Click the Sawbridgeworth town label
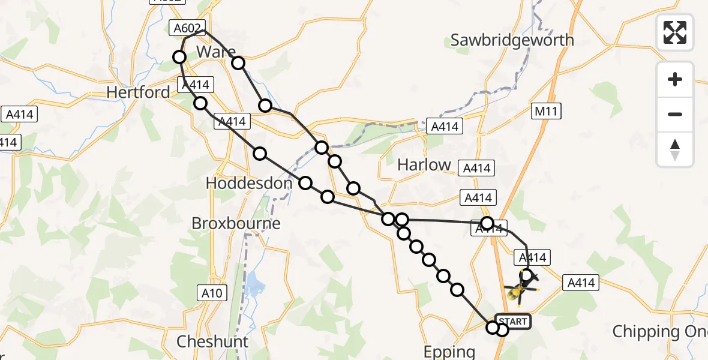point(512,40)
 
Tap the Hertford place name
point(138,92)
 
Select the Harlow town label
point(424,164)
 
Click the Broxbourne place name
point(236,223)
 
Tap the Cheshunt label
point(212,341)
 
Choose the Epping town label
point(449,352)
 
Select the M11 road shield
point(548,112)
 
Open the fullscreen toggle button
point(675,32)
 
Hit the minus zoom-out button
point(675,114)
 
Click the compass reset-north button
point(675,149)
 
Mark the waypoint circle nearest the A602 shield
point(179,57)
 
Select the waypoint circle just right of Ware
point(238,63)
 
